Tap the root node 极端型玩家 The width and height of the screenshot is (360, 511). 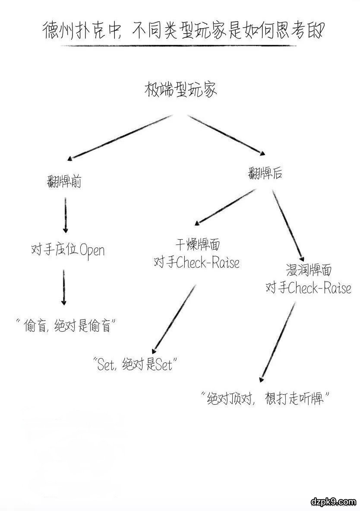point(180,90)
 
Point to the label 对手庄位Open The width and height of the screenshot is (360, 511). point(68,250)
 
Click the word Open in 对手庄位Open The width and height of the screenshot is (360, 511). point(92,251)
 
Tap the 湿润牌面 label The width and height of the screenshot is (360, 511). point(309,270)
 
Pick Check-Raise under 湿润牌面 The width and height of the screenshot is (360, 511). point(319,288)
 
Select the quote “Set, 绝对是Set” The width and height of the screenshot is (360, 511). point(135,365)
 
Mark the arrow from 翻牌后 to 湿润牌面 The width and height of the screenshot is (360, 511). point(287,225)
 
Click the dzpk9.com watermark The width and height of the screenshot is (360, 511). point(333,501)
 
